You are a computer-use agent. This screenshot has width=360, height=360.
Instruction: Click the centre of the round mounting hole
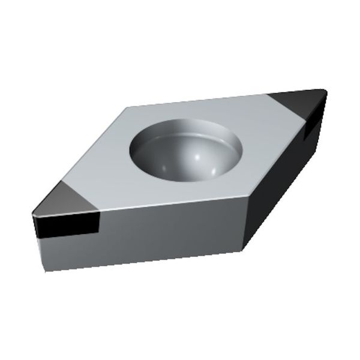[x=185, y=150]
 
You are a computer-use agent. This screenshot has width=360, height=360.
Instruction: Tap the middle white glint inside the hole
[x=193, y=157]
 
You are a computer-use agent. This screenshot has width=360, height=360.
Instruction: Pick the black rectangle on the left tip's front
[x=66, y=226]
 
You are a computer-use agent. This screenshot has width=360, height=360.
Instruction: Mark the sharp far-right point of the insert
[x=326, y=91]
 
